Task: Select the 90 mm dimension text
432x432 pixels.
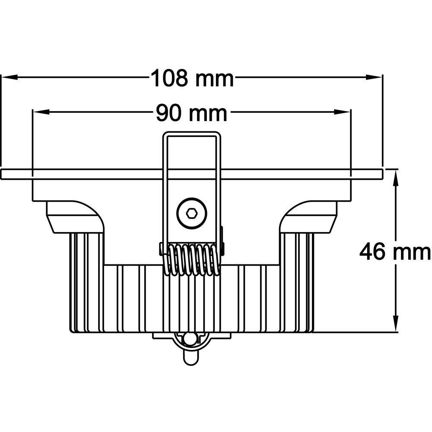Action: [191, 114]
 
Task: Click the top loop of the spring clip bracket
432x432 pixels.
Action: [192, 135]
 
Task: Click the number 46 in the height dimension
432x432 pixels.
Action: [372, 252]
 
